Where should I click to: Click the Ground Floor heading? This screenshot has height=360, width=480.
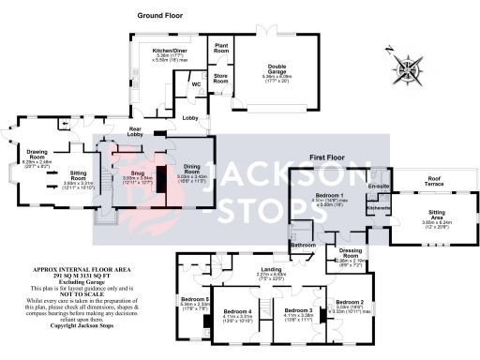[x=160, y=17]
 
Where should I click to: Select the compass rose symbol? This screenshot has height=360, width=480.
[x=409, y=67]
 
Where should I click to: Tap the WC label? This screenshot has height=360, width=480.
[x=196, y=84]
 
